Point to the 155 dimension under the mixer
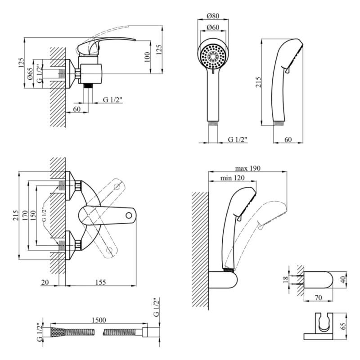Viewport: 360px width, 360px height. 100,282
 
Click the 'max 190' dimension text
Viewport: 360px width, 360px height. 247,168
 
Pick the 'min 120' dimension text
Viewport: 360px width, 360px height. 232,178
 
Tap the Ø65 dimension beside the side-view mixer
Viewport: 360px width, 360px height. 30,73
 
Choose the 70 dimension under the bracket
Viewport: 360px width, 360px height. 319,297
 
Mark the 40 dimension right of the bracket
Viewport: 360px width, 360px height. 344,279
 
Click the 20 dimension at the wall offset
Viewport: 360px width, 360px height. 45,282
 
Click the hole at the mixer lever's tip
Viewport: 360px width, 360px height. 129,215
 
